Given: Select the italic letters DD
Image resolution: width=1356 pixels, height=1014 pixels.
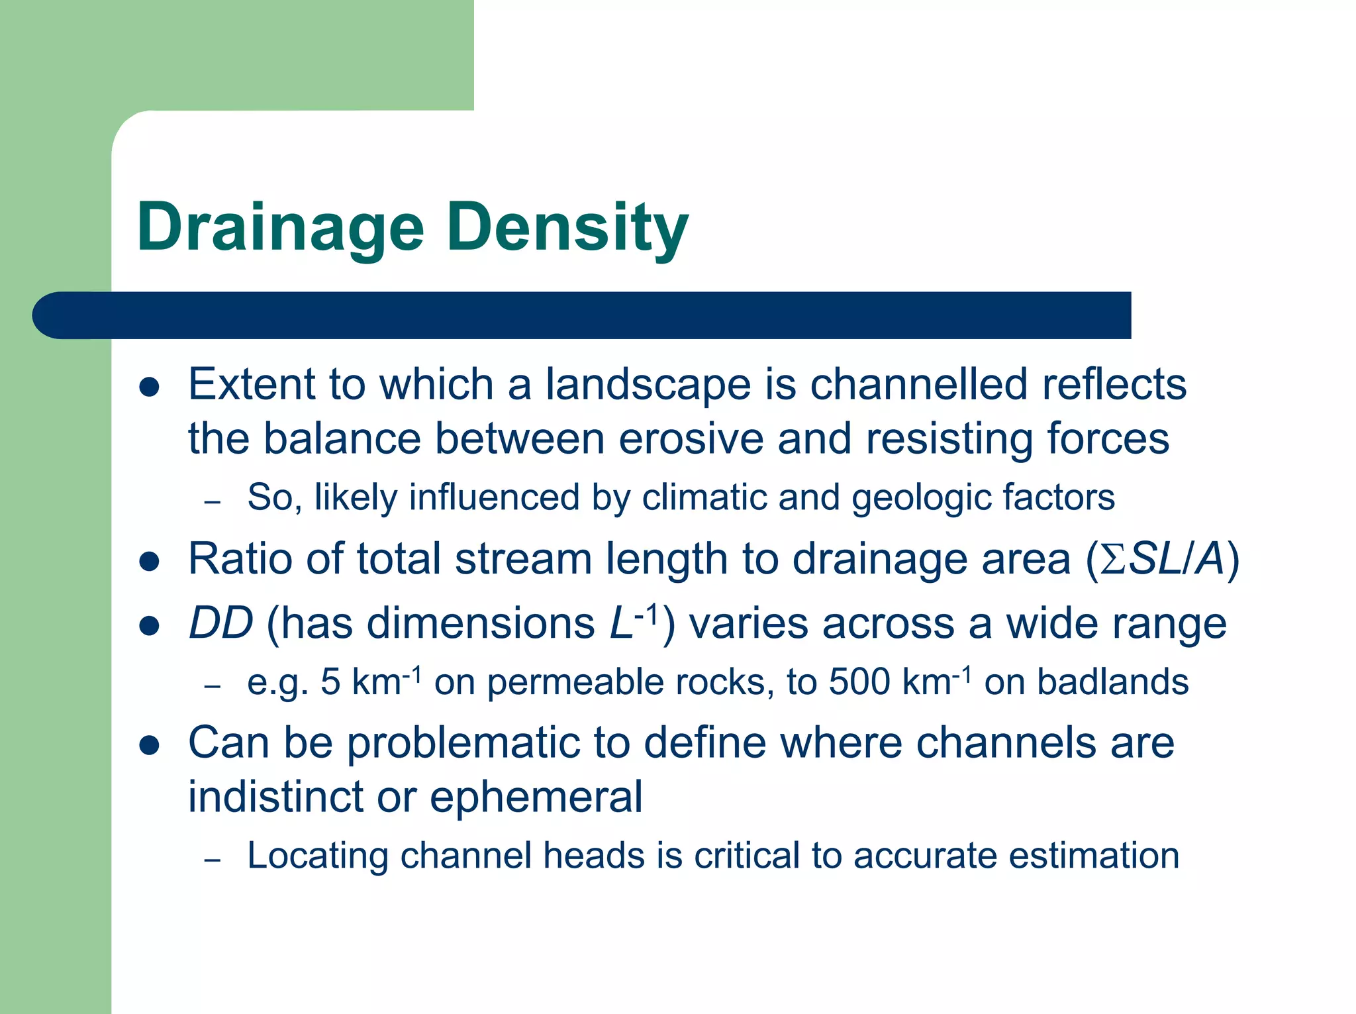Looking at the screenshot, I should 220,623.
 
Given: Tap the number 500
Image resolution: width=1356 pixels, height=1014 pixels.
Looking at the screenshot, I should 859,682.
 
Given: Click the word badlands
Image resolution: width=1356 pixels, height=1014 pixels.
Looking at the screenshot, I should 1112,682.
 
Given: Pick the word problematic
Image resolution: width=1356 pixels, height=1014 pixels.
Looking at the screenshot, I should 463,743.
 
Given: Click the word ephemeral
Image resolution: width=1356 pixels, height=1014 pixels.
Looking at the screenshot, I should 536,797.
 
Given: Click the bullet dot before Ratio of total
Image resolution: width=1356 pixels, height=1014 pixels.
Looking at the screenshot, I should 150,562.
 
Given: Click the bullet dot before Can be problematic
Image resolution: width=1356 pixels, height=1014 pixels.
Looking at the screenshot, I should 150,745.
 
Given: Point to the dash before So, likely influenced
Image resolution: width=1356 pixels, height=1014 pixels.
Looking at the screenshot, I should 212,502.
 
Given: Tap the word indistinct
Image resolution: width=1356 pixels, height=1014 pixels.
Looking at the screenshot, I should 275,797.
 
